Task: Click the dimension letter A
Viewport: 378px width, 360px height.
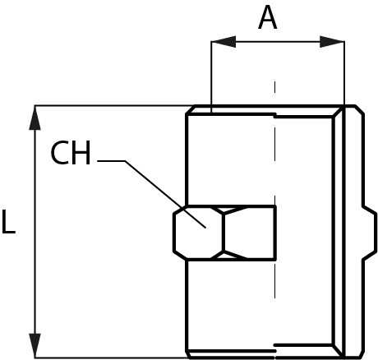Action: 268,17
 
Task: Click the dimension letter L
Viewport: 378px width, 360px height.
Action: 8,221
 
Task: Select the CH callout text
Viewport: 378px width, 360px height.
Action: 71,152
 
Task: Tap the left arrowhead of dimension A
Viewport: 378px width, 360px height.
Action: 224,42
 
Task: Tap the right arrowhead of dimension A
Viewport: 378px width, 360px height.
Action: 332,42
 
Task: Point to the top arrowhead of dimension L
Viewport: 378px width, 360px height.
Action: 35,118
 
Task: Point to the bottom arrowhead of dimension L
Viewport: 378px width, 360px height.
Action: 35,345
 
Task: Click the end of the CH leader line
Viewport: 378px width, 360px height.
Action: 205,228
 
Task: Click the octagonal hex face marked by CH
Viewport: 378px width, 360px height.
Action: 198,233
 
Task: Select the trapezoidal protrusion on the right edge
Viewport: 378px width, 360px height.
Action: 370,233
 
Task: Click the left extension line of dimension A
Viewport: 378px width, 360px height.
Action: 211,76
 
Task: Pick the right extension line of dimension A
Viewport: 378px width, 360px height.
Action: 344,73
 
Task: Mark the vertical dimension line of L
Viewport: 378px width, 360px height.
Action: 35,232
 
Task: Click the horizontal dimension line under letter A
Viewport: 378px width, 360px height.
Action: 278,42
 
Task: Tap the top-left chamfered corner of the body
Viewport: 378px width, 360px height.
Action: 191,109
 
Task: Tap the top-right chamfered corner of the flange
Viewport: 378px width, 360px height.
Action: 360,109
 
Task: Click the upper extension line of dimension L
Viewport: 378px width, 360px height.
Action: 113,105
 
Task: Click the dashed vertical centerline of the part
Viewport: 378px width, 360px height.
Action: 275,189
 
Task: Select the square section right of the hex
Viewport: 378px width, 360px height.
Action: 250,233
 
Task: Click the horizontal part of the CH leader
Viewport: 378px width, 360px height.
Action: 111,161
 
